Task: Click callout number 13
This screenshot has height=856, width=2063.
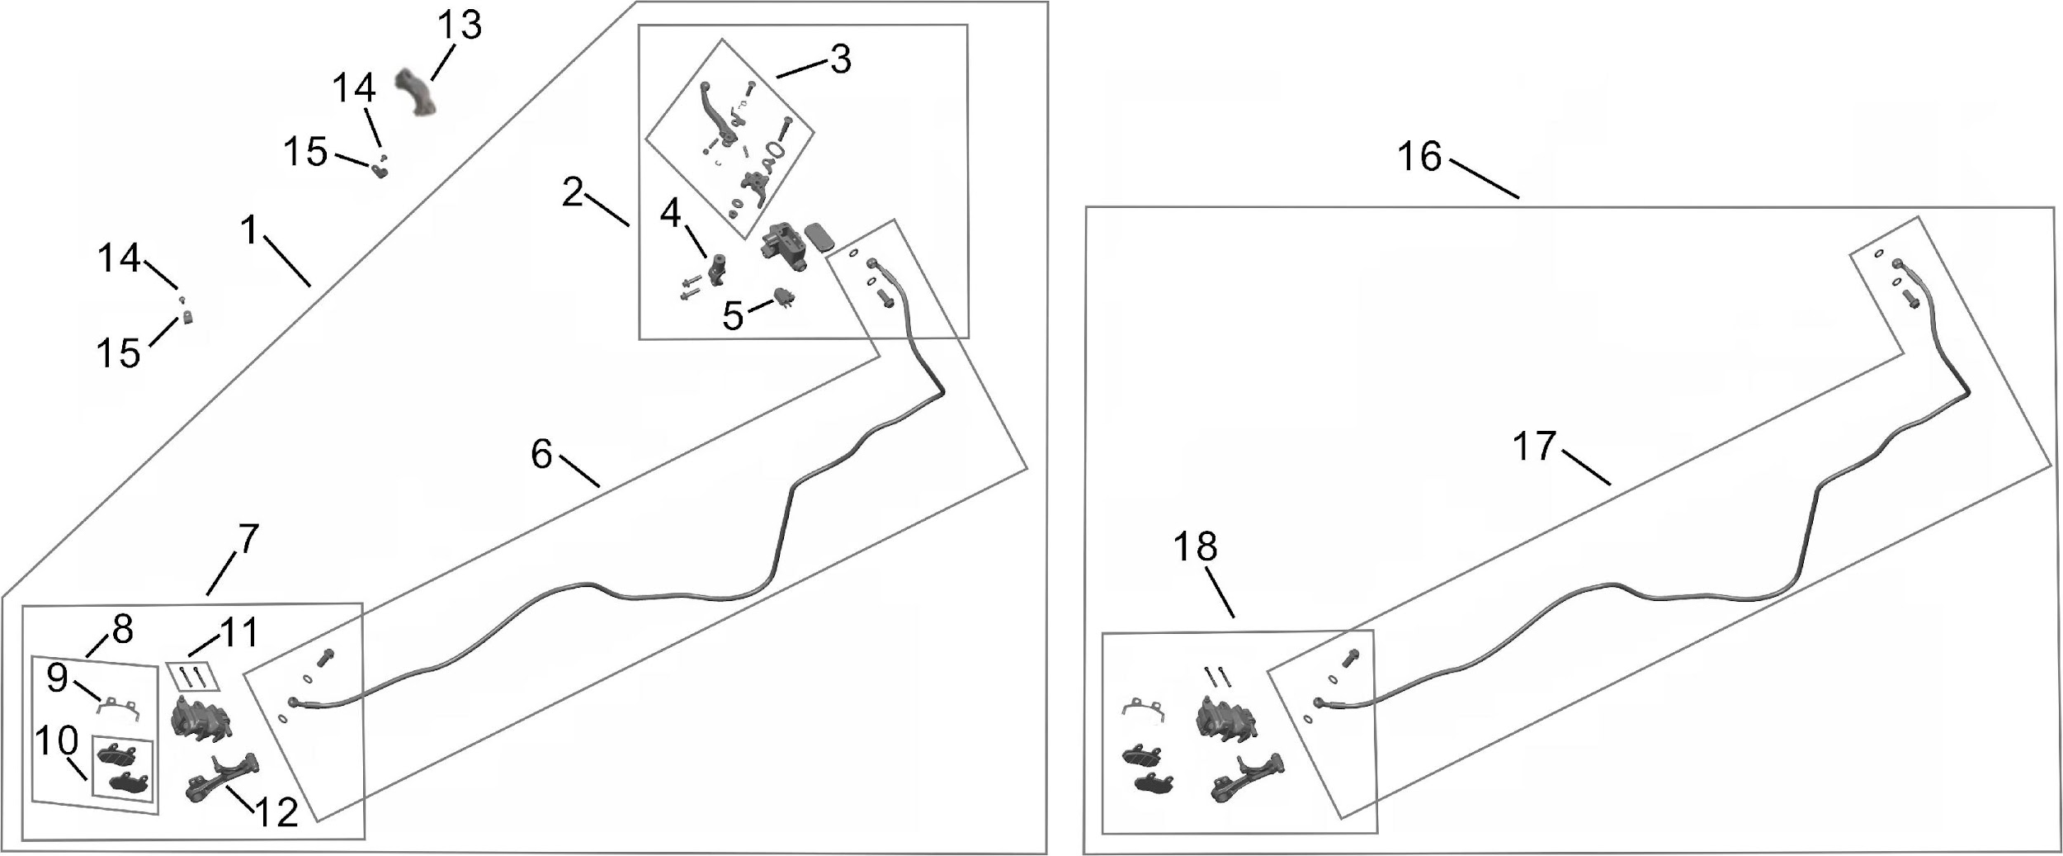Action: click(460, 26)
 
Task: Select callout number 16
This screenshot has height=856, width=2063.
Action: click(1419, 157)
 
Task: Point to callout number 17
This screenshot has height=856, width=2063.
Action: click(1534, 447)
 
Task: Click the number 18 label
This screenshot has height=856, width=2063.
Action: click(1196, 546)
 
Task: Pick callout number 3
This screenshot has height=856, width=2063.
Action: click(840, 59)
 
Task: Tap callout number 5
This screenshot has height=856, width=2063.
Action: click(733, 316)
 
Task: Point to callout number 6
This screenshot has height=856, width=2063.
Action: click(541, 454)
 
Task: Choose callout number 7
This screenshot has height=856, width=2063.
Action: click(248, 540)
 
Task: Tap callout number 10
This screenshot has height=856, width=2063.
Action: click(56, 740)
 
